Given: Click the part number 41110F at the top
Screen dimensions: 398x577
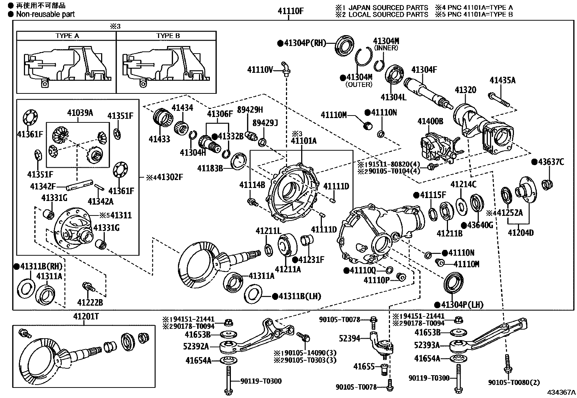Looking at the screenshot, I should click(290, 11).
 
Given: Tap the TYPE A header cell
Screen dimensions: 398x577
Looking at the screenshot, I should click(67, 36).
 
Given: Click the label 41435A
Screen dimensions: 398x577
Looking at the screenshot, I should click(502, 80).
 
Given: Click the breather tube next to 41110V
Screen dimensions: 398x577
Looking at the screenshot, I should click(286, 68).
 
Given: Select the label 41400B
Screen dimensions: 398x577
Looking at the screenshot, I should click(430, 121).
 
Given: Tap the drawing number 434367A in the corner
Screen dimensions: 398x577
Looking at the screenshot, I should click(561, 392).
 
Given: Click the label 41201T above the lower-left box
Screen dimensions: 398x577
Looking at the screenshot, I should click(86, 316).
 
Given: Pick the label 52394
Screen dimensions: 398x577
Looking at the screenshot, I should click(349, 338).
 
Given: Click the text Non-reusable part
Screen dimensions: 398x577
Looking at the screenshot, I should click(45, 14).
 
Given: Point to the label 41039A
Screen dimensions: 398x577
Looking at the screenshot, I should click(80, 113).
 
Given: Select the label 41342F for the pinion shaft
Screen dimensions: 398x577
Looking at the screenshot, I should click(42, 187).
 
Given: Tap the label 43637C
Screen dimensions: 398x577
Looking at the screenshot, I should click(551, 162).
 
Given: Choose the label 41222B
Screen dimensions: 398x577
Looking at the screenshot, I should click(90, 302).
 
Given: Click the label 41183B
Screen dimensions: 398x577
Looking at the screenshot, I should click(210, 168).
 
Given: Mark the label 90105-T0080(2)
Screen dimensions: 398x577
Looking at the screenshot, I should click(514, 382).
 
